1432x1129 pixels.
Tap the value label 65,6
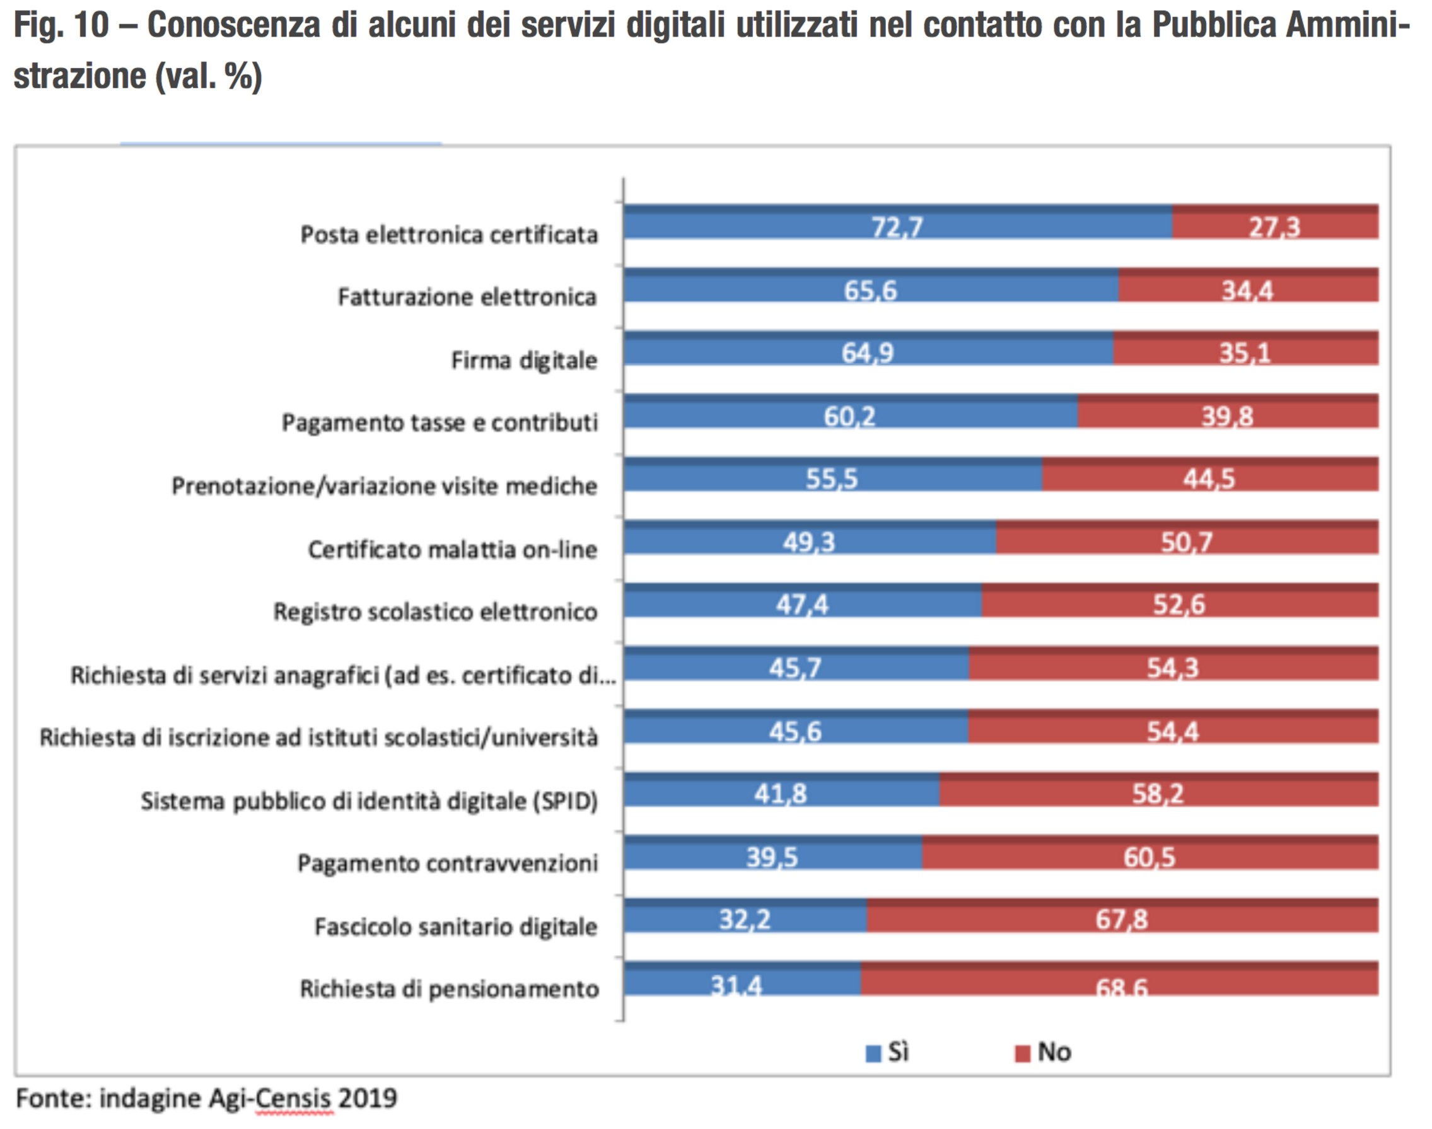click(870, 291)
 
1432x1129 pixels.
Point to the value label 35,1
click(1245, 354)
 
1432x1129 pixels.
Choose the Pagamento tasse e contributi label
click(439, 423)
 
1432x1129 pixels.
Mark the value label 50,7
click(1187, 543)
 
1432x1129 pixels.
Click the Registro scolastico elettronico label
click(435, 612)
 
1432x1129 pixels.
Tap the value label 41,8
click(780, 794)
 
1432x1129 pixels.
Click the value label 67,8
click(1121, 920)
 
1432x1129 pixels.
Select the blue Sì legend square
click(873, 1053)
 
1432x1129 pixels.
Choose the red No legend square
click(1022, 1053)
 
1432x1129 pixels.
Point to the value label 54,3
click(1172, 668)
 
